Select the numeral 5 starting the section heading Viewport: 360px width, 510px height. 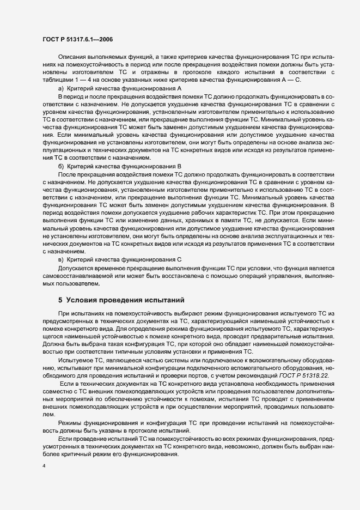click(x=60, y=300)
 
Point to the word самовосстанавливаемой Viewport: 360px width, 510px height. click(x=77, y=276)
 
